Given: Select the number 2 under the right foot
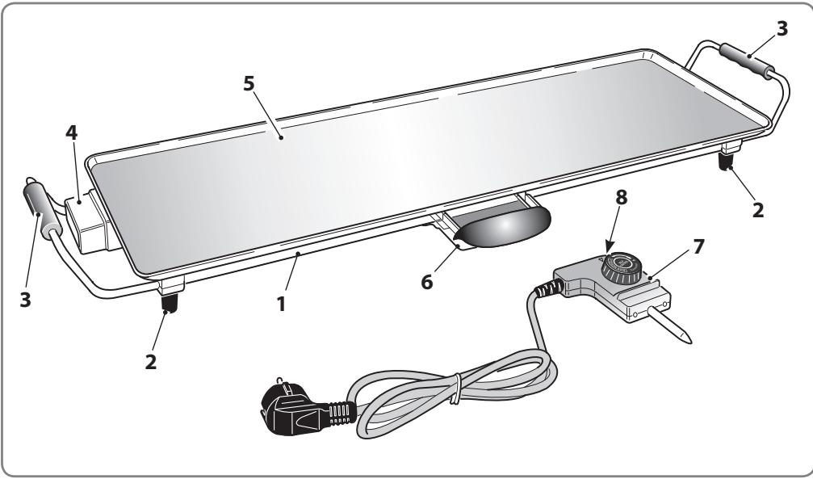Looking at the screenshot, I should tap(757, 210).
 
